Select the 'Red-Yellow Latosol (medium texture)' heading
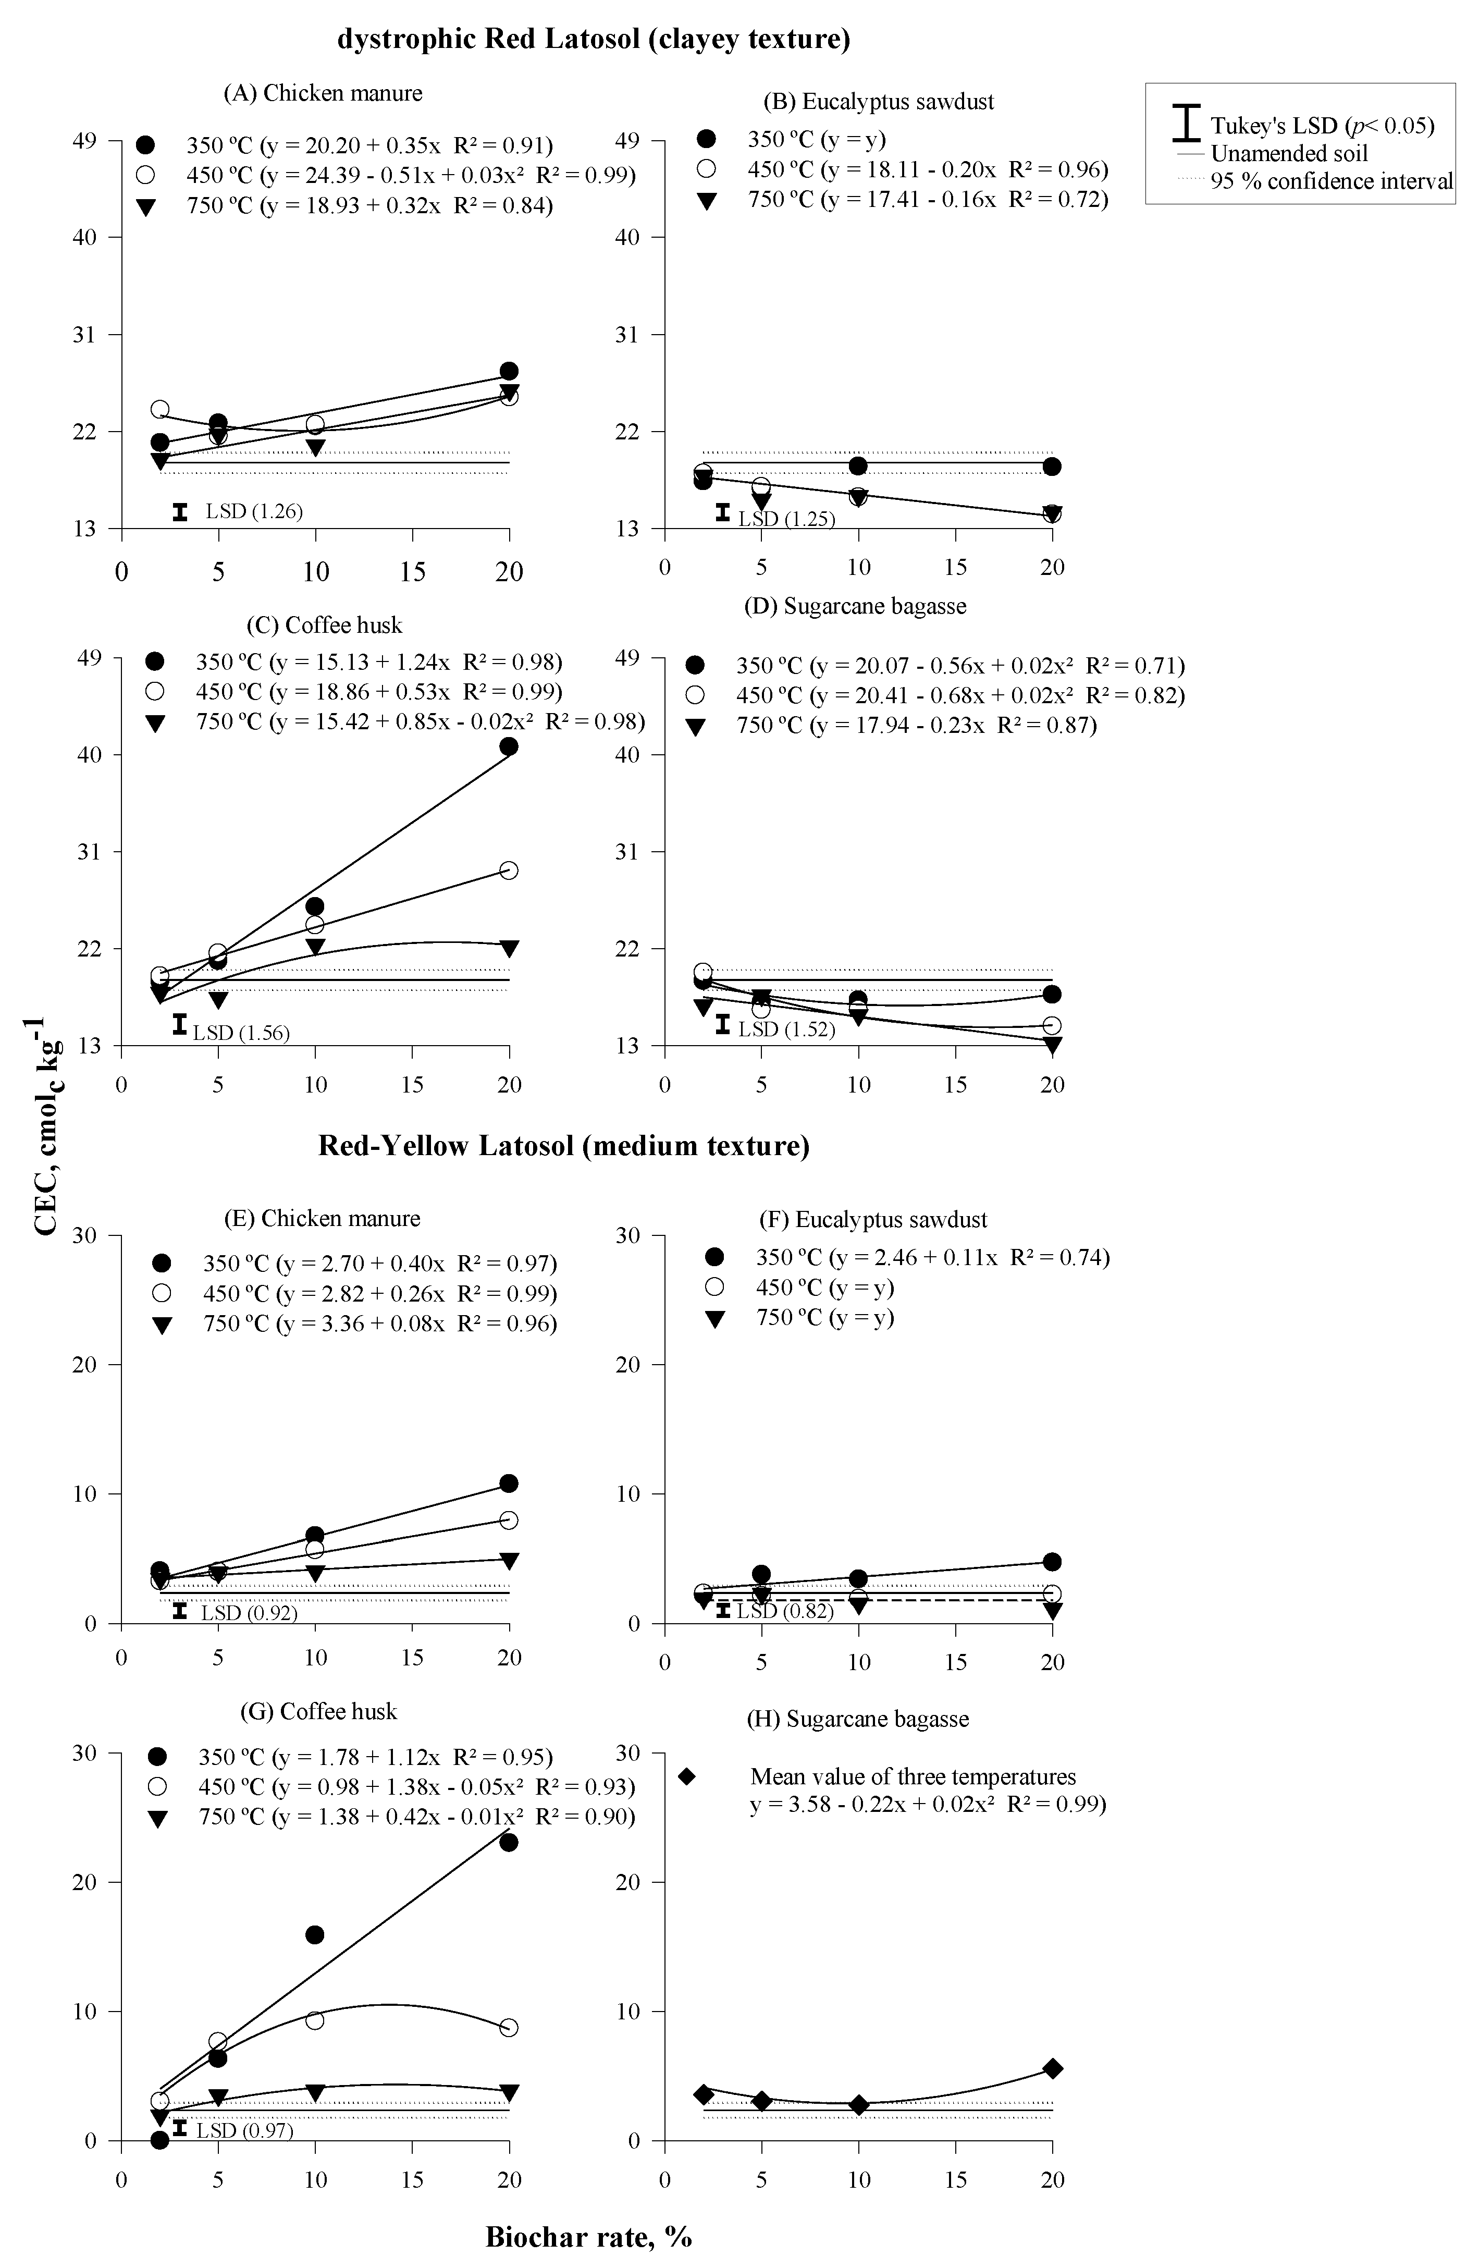[x=563, y=1145]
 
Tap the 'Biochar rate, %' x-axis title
[x=588, y=2236]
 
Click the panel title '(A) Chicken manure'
[x=323, y=92]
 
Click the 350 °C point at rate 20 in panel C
[x=509, y=746]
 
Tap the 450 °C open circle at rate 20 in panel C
[x=509, y=870]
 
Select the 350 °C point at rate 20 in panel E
[x=509, y=1483]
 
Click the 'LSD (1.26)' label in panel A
[x=253, y=512]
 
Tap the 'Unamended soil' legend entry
[x=1288, y=153]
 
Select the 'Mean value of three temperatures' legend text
[x=913, y=1776]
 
